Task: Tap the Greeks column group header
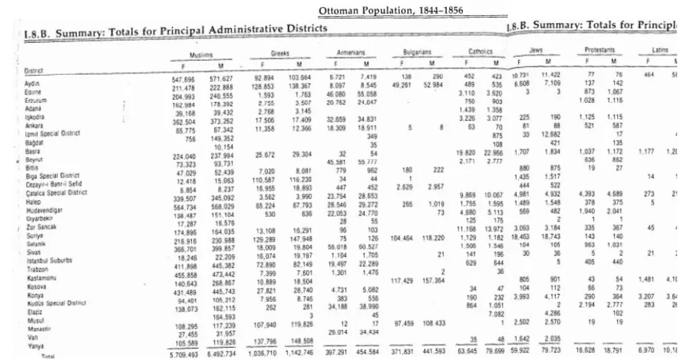tap(280, 54)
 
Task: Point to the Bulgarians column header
tap(417, 52)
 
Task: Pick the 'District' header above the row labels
tap(33, 70)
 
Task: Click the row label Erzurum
tap(33, 100)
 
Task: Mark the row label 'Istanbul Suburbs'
tap(49, 260)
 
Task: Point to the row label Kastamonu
tap(38, 278)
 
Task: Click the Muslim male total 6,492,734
tap(219, 354)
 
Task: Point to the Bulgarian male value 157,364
tap(433, 280)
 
